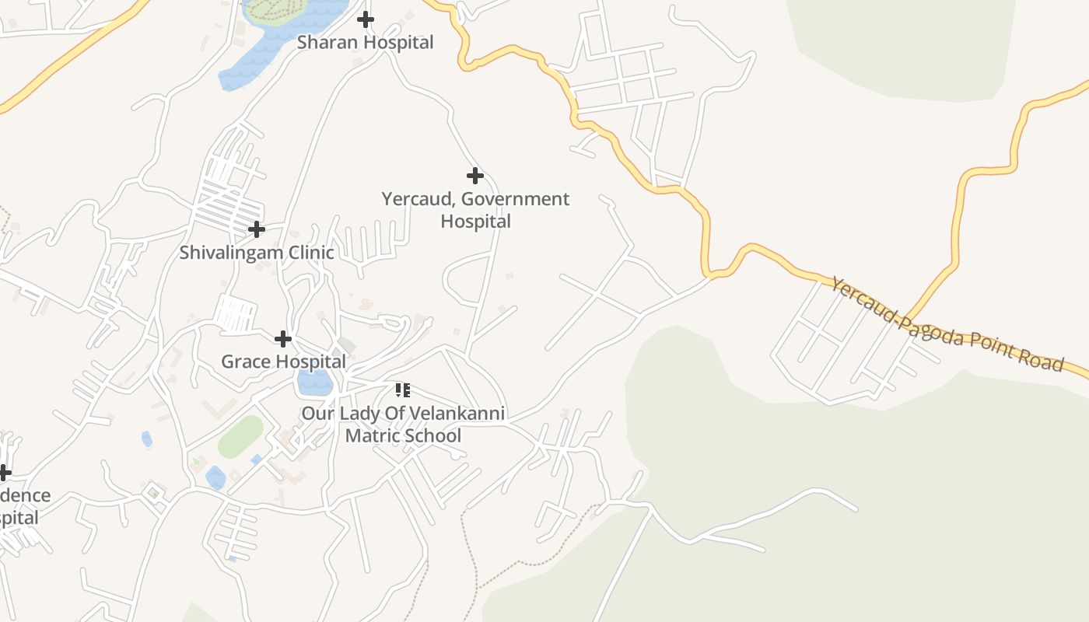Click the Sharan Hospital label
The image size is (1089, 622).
click(x=365, y=42)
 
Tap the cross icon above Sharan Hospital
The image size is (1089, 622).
click(x=365, y=19)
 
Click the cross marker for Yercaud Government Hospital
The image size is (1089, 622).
click(x=474, y=176)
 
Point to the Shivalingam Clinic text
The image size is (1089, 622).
click(x=257, y=253)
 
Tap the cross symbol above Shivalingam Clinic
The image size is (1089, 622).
click(x=256, y=229)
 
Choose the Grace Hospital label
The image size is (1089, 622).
click(x=283, y=362)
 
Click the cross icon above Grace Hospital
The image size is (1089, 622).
click(x=283, y=338)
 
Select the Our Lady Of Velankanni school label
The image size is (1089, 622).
click(x=403, y=425)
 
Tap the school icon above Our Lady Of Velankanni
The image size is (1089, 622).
click(x=402, y=390)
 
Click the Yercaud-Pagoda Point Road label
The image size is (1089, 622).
click(x=946, y=324)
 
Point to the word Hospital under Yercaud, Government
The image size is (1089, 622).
click(x=475, y=222)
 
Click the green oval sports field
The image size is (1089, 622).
click(x=240, y=436)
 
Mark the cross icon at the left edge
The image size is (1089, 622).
click(x=5, y=473)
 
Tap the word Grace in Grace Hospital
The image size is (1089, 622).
click(x=245, y=362)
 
